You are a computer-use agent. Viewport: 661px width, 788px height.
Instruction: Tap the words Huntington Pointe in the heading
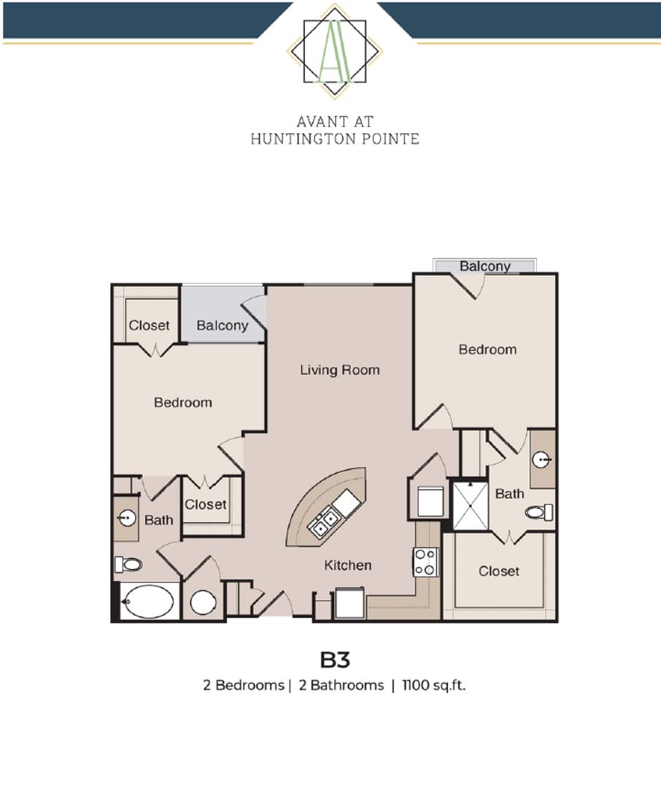335,139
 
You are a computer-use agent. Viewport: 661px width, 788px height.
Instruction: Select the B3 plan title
335,660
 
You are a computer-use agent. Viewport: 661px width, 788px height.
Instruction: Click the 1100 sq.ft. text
434,685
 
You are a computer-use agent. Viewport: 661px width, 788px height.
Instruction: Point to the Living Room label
340,371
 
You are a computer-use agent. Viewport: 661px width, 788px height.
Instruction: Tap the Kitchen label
348,565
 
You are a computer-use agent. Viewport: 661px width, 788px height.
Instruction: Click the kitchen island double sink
324,521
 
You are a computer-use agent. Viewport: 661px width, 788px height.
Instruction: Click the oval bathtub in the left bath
149,601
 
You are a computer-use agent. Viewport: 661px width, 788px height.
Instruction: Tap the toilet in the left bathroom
128,564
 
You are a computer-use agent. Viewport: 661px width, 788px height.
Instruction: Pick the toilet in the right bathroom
539,513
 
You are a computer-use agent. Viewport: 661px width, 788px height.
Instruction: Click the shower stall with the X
471,506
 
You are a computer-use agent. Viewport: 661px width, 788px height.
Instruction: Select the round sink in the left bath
127,517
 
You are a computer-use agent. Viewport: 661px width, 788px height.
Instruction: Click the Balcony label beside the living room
223,325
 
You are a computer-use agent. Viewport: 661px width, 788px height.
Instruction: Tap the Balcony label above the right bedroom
485,266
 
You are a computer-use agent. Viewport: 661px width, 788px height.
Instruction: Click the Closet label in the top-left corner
150,325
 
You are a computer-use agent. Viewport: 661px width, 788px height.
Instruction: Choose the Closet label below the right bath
498,571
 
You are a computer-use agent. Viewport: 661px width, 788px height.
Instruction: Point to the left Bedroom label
183,403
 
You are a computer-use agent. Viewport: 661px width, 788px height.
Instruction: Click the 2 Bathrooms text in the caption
341,685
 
